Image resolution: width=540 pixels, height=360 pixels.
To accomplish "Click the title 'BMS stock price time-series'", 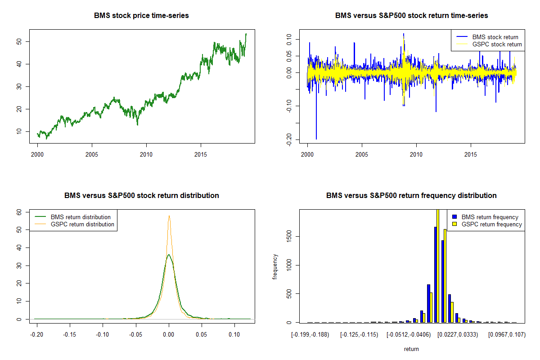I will [141, 15].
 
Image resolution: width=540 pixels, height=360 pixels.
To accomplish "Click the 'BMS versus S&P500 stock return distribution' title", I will [141, 195].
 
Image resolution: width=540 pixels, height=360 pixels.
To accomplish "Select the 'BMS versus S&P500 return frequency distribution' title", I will [411, 195].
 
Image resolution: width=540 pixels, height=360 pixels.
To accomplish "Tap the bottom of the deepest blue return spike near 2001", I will [316, 139].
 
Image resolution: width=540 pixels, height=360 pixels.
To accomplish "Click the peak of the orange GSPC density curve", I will [169, 216].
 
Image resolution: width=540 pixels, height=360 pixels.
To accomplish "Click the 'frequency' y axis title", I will [275, 266].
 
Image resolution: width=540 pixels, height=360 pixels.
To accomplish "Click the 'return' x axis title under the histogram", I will [411, 349].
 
